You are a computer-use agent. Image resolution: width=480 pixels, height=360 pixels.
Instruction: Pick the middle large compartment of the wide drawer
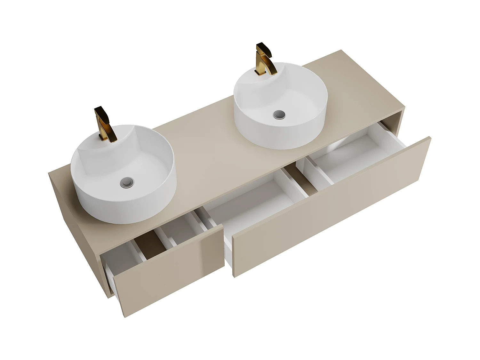pyautogui.click(x=256, y=205)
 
